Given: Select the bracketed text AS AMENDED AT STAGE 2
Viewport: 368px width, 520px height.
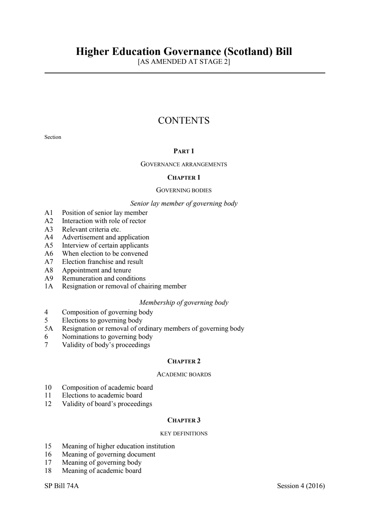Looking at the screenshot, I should point(184,62).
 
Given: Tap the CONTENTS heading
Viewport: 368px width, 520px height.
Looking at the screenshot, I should point(184,121).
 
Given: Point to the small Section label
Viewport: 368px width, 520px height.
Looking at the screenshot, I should point(53,137).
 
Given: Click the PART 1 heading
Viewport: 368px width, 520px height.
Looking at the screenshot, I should point(184,151).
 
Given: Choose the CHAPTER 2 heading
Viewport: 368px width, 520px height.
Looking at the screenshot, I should point(184,361).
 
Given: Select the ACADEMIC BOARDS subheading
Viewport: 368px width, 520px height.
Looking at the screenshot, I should point(184,375).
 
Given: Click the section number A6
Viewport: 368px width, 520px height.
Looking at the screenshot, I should point(49,254).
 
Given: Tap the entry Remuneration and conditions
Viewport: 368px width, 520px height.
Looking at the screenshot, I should point(104,278).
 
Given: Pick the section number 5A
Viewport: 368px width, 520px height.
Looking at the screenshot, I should point(49,328).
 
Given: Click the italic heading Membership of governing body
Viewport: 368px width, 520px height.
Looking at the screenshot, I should point(184,302).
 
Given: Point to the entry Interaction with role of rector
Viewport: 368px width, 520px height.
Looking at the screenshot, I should point(104,221).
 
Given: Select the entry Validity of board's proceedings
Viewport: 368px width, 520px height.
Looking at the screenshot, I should point(107,404).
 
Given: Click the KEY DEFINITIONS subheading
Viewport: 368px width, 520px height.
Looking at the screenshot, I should point(184,434).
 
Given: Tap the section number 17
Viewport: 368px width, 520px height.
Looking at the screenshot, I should point(48,462).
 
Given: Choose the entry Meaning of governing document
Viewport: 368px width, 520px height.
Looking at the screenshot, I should point(108,454).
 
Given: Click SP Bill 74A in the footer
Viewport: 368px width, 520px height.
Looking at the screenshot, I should point(62,486).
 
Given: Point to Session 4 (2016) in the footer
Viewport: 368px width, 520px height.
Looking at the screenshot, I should point(301,486).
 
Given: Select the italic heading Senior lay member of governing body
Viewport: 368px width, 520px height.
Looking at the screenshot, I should point(184,203).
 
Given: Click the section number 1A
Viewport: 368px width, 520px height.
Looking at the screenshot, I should point(49,286).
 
